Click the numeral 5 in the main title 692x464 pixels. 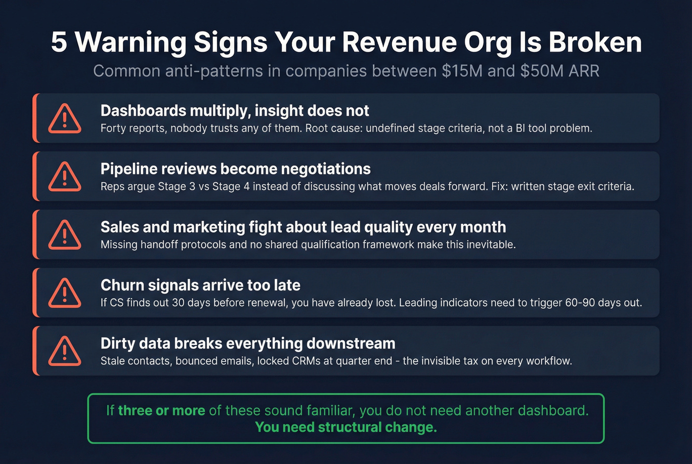59,42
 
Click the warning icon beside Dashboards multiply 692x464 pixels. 65,119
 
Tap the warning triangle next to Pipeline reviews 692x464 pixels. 65,177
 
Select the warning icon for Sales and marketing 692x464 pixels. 65,235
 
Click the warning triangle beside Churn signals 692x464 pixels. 65,294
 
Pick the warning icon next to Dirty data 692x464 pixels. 65,351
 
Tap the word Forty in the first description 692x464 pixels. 112,128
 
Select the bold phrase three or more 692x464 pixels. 162,411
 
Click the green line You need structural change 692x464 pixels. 346,427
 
